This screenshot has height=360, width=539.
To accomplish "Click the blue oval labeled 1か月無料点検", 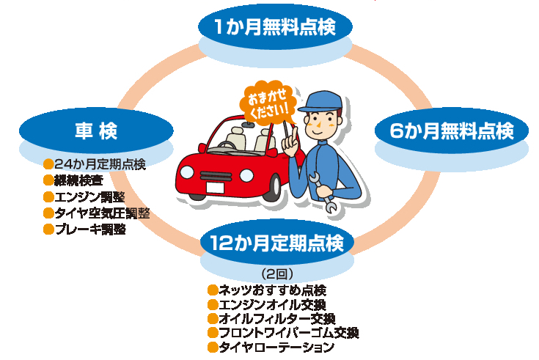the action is point(275,26).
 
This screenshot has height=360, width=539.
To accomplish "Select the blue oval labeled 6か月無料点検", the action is point(451,131).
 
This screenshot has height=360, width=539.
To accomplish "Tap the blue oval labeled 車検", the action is point(96,131).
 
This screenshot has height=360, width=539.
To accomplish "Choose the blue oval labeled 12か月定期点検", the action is point(276,243).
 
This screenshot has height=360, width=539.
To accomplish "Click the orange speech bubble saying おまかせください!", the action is point(268,103).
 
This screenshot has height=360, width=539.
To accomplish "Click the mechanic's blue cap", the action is point(320,101).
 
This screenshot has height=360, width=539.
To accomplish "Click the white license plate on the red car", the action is point(215,188).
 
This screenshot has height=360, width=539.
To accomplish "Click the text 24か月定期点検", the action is point(100,164).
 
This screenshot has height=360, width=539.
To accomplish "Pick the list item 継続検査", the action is point(78,180).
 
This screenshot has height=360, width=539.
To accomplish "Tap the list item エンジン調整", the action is point(89,197).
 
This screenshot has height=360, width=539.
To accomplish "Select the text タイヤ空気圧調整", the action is point(102,213).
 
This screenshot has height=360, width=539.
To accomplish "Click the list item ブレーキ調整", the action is point(90,229).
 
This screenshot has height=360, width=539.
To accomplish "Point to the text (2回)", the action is point(277,274).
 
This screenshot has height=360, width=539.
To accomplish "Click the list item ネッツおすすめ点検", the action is point(272,290).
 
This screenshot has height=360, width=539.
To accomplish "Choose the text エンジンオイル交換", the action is point(272,304).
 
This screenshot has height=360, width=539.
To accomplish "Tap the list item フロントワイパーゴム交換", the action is point(289,333).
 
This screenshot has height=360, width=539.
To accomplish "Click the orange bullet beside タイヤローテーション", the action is point(213,347).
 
